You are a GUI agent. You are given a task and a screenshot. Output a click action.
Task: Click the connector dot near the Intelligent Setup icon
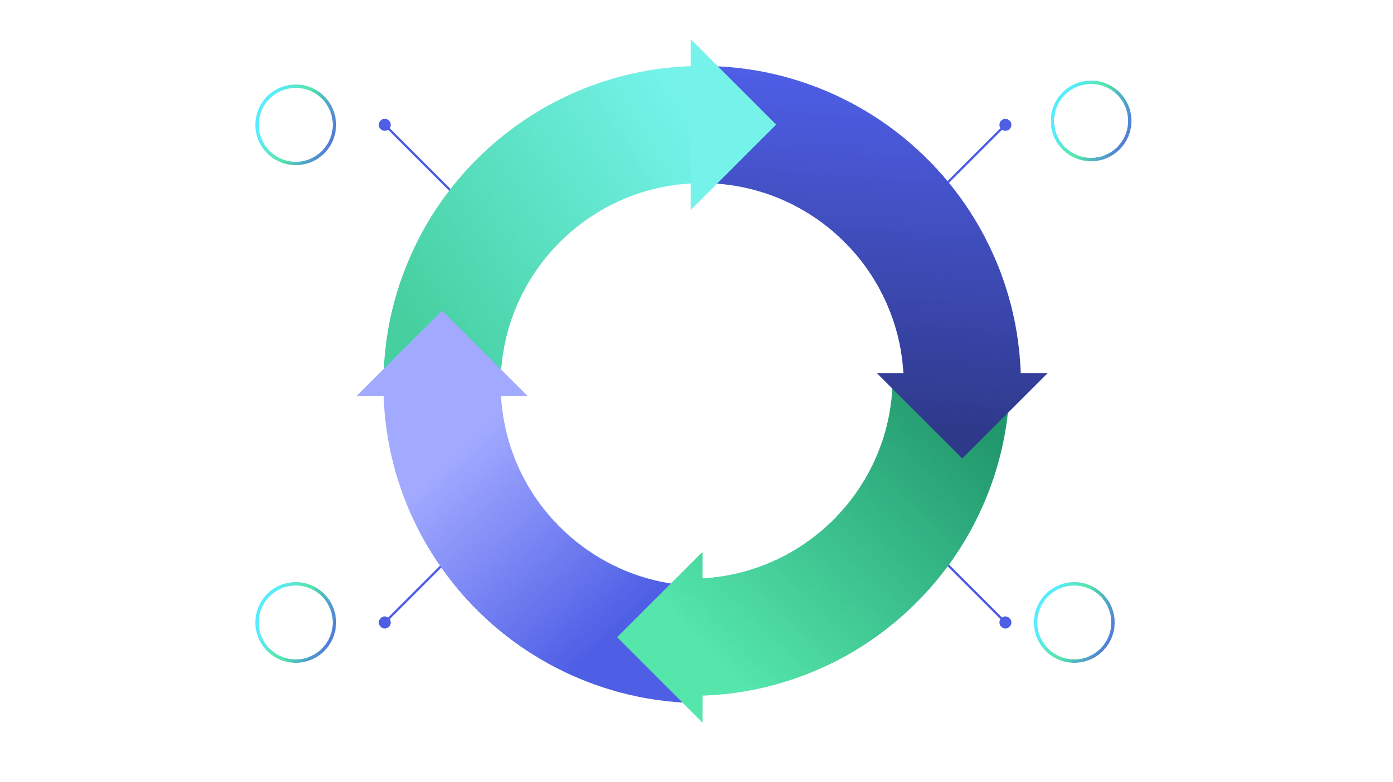coord(1005,124)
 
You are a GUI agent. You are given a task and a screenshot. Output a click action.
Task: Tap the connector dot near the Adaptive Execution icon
coord(384,622)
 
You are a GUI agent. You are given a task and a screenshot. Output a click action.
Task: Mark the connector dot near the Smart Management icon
coord(1005,622)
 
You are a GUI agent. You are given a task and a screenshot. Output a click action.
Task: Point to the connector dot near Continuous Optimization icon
coord(384,124)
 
